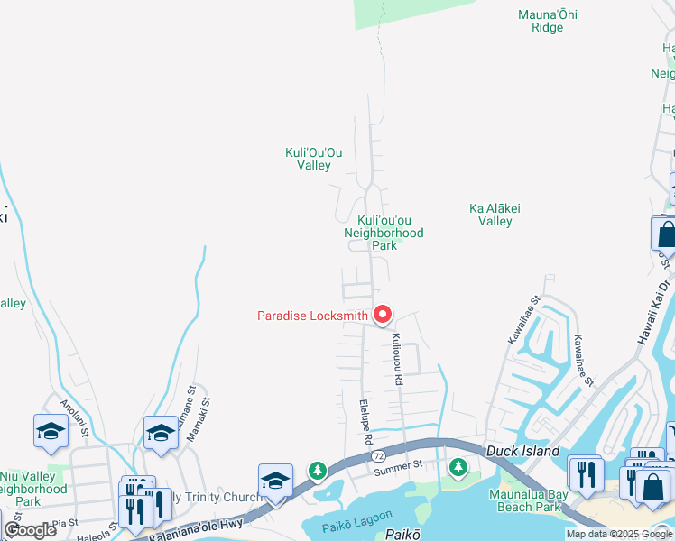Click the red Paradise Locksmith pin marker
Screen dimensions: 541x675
click(x=383, y=314)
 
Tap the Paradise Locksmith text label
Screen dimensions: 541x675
click(x=312, y=316)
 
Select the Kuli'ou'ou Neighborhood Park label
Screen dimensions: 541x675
click(x=384, y=233)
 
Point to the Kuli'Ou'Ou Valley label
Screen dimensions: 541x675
click(x=308, y=159)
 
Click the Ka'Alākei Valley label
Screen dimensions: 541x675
click(x=495, y=215)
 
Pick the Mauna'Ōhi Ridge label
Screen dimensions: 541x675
click(x=541, y=21)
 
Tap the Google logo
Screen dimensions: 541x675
click(x=30, y=530)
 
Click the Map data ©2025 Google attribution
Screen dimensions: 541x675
click(x=619, y=534)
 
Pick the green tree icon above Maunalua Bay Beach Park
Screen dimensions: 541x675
click(x=458, y=466)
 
